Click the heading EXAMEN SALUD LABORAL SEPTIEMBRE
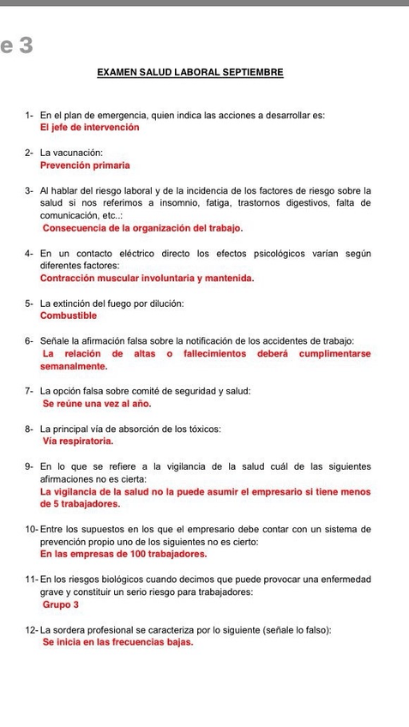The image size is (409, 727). tap(189, 75)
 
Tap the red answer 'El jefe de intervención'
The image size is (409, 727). tap(89, 127)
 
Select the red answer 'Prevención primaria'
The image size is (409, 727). tap(85, 165)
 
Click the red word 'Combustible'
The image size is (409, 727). tap(69, 315)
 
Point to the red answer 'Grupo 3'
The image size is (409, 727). tap(60, 605)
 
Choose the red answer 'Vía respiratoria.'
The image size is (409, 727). tap(78, 441)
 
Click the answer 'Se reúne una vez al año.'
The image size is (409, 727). tap(97, 403)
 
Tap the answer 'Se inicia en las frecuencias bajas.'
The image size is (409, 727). tap(117, 643)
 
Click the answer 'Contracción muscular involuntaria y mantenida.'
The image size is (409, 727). tap(147, 278)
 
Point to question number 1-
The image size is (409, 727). tap(30, 115)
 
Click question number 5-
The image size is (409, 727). tap(30, 303)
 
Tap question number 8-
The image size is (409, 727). tap(30, 429)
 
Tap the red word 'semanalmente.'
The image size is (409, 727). tap(74, 366)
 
